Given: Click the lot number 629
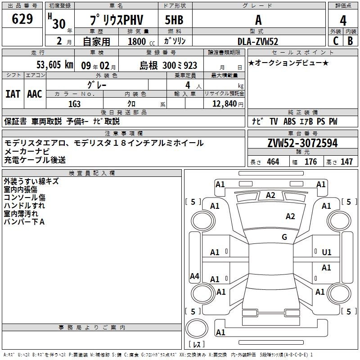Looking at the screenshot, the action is (23, 19).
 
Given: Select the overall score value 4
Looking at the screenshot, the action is (343, 20).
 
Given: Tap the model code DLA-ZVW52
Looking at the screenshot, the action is (258, 41).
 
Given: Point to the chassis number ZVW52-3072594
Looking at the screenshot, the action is (302, 144).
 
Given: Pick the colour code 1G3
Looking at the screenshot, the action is (74, 103).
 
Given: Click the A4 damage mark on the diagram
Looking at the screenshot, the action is (194, 276).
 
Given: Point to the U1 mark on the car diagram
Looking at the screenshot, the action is (327, 252).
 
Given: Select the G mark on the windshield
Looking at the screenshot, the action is (284, 237).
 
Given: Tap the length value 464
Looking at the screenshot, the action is (273, 162).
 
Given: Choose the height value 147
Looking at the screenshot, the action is (346, 162).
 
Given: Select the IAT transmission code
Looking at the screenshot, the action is (13, 94).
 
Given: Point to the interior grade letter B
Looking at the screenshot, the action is (350, 41).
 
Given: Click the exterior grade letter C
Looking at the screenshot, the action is (335, 41).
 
